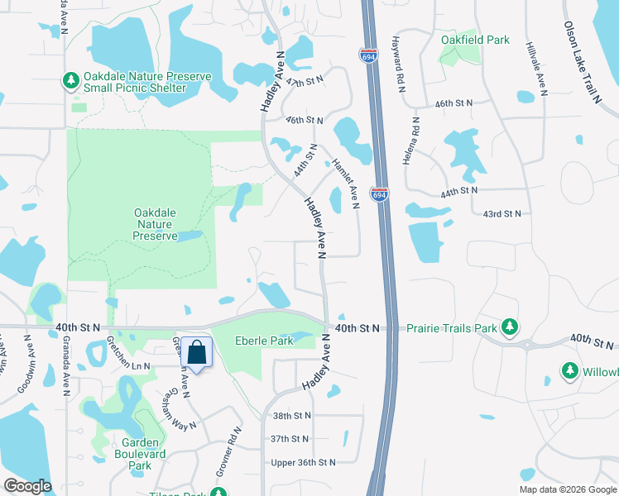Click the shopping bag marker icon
198,353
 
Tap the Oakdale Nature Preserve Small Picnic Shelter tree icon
71,80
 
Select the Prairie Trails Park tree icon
511,328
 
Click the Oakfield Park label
475,40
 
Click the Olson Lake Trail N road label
582,62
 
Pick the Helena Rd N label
407,140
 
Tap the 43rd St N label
502,213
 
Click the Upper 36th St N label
303,462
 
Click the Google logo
27,485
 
